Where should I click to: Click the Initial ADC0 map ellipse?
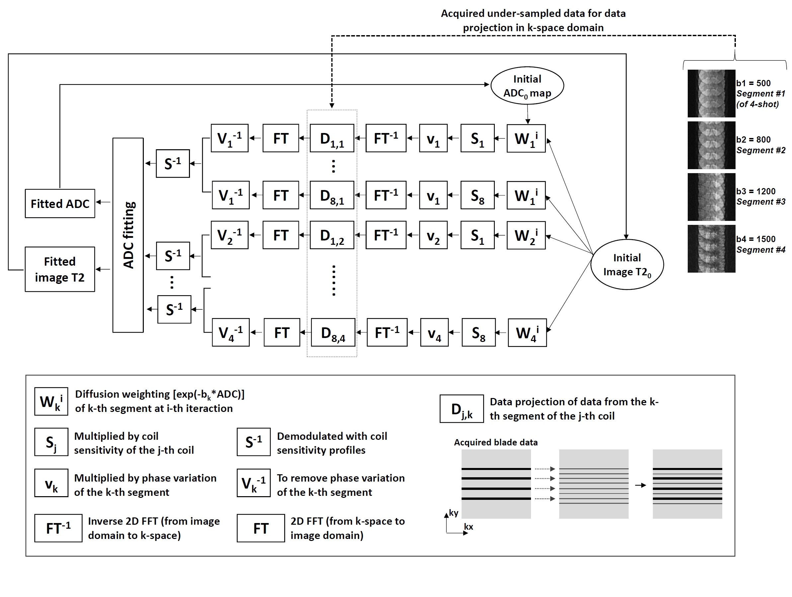tap(527, 86)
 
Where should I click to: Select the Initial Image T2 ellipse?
tap(627, 264)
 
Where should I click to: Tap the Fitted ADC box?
tap(60, 204)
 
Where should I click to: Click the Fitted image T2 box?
tap(60, 269)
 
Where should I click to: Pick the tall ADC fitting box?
tap(128, 235)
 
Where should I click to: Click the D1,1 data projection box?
tap(332, 138)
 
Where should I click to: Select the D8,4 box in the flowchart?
tap(333, 333)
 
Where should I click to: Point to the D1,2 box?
tap(332, 235)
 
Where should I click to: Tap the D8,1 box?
tap(332, 195)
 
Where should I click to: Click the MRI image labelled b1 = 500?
tap(711, 93)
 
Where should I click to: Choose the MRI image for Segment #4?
tap(711, 249)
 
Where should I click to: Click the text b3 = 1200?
tap(755, 191)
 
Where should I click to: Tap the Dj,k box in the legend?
tap(462, 409)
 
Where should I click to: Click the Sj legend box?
tap(51, 442)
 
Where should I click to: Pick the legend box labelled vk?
tap(51, 483)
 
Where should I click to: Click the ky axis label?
tap(454, 513)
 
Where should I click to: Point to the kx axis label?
tap(468, 527)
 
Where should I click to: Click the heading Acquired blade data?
tap(495, 442)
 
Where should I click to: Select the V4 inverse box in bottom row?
tap(230, 333)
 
